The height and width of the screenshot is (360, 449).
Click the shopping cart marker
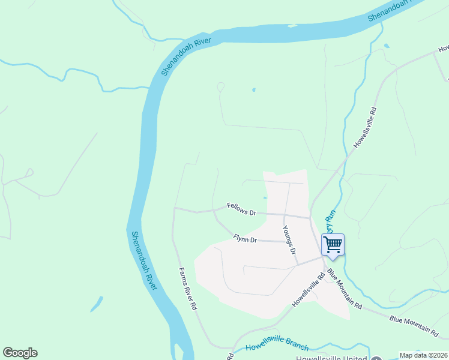pos(333,245)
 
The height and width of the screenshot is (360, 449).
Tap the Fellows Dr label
pos(242,209)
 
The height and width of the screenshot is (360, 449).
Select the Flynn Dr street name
pos(245,239)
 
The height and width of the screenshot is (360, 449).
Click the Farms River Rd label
pos(187,288)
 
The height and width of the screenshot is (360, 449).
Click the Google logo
pos(20,353)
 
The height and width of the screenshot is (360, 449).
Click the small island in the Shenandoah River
pos(292,26)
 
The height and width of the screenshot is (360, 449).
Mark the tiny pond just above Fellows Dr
pos(265,197)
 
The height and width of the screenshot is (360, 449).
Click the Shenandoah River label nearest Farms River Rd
pos(143,261)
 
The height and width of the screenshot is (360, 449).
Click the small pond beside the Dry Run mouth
pos(385,46)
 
